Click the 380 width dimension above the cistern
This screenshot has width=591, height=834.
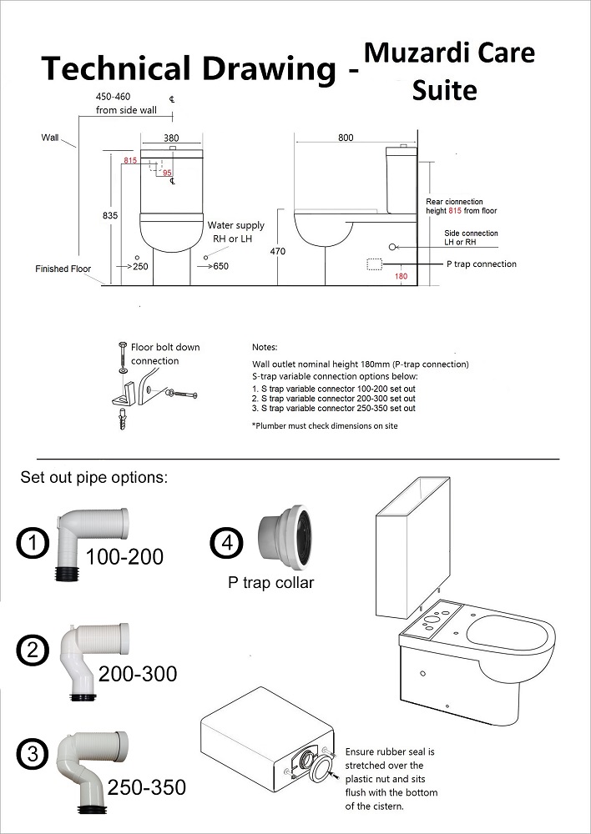171,138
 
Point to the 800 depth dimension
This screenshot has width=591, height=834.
346,138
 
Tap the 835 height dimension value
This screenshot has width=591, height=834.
110,215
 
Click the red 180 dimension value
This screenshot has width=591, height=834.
401,277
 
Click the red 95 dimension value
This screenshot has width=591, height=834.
167,173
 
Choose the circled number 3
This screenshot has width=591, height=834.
32,756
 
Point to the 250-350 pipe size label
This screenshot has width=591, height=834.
146,786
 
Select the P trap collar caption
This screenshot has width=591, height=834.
271,583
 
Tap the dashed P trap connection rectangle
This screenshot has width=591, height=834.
375,264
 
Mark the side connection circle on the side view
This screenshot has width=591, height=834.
392,247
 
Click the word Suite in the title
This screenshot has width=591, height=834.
444,88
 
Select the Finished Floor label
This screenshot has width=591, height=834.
63,269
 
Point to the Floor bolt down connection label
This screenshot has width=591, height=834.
165,354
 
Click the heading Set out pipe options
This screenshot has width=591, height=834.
93,479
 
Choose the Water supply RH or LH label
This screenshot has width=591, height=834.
235,232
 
